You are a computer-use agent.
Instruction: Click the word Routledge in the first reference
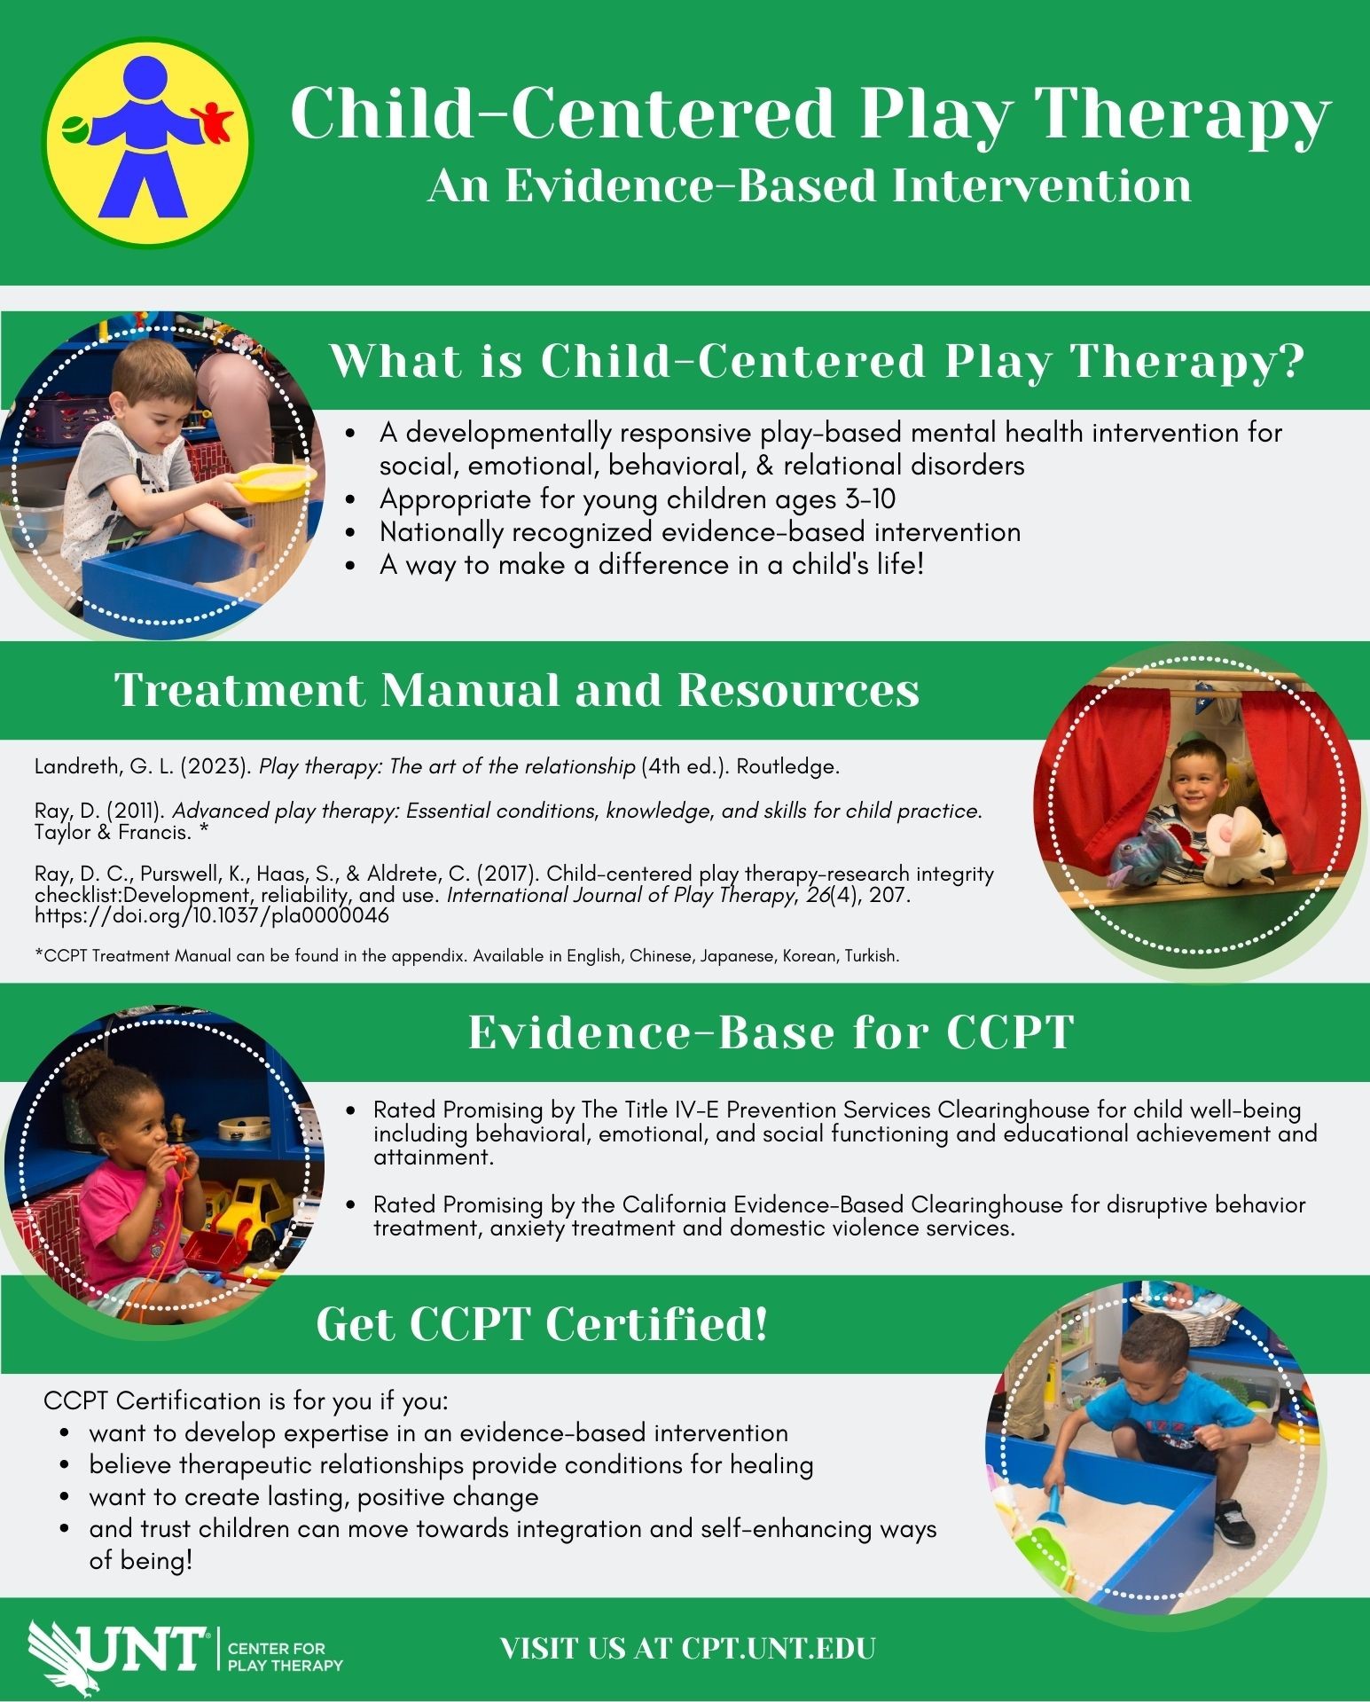coord(787,766)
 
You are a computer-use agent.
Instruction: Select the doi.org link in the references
coord(212,916)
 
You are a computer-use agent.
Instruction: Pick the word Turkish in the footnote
coord(871,956)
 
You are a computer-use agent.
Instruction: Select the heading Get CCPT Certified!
coord(542,1323)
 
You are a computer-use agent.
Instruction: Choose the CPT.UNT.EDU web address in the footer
coord(779,1648)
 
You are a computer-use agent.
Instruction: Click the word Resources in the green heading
coord(799,690)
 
